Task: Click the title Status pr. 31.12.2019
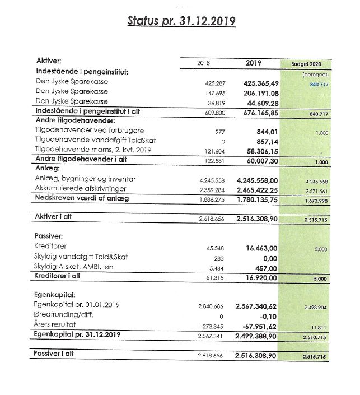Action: pos(181,21)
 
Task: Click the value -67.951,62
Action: pos(259,326)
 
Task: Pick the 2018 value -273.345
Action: pos(212,326)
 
